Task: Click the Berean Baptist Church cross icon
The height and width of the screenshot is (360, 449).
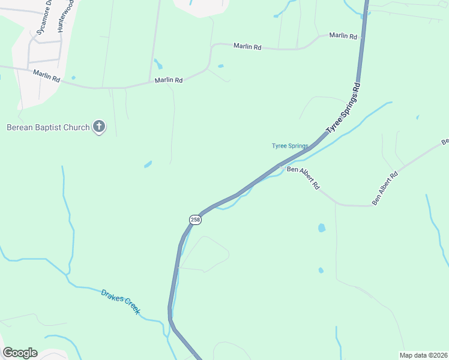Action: tap(99, 127)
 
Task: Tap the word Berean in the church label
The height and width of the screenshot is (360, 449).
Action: tap(20, 127)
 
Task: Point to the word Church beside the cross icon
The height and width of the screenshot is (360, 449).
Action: tap(77, 127)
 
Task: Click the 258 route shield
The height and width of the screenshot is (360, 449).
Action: tap(195, 220)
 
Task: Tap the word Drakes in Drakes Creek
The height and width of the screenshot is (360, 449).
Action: tap(112, 296)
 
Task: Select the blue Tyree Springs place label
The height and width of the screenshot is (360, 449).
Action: tap(290, 146)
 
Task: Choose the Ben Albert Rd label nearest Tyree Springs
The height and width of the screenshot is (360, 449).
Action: tap(303, 178)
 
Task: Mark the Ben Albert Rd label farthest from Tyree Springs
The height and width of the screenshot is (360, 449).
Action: tap(385, 189)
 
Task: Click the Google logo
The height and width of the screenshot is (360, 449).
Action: tap(20, 353)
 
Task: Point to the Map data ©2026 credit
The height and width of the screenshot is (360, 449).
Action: tap(423, 355)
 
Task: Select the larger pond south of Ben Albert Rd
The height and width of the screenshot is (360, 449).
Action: tap(321, 228)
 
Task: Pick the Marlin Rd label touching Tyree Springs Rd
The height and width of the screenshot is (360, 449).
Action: tap(344, 36)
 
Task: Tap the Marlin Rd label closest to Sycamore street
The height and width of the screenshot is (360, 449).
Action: tap(46, 76)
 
